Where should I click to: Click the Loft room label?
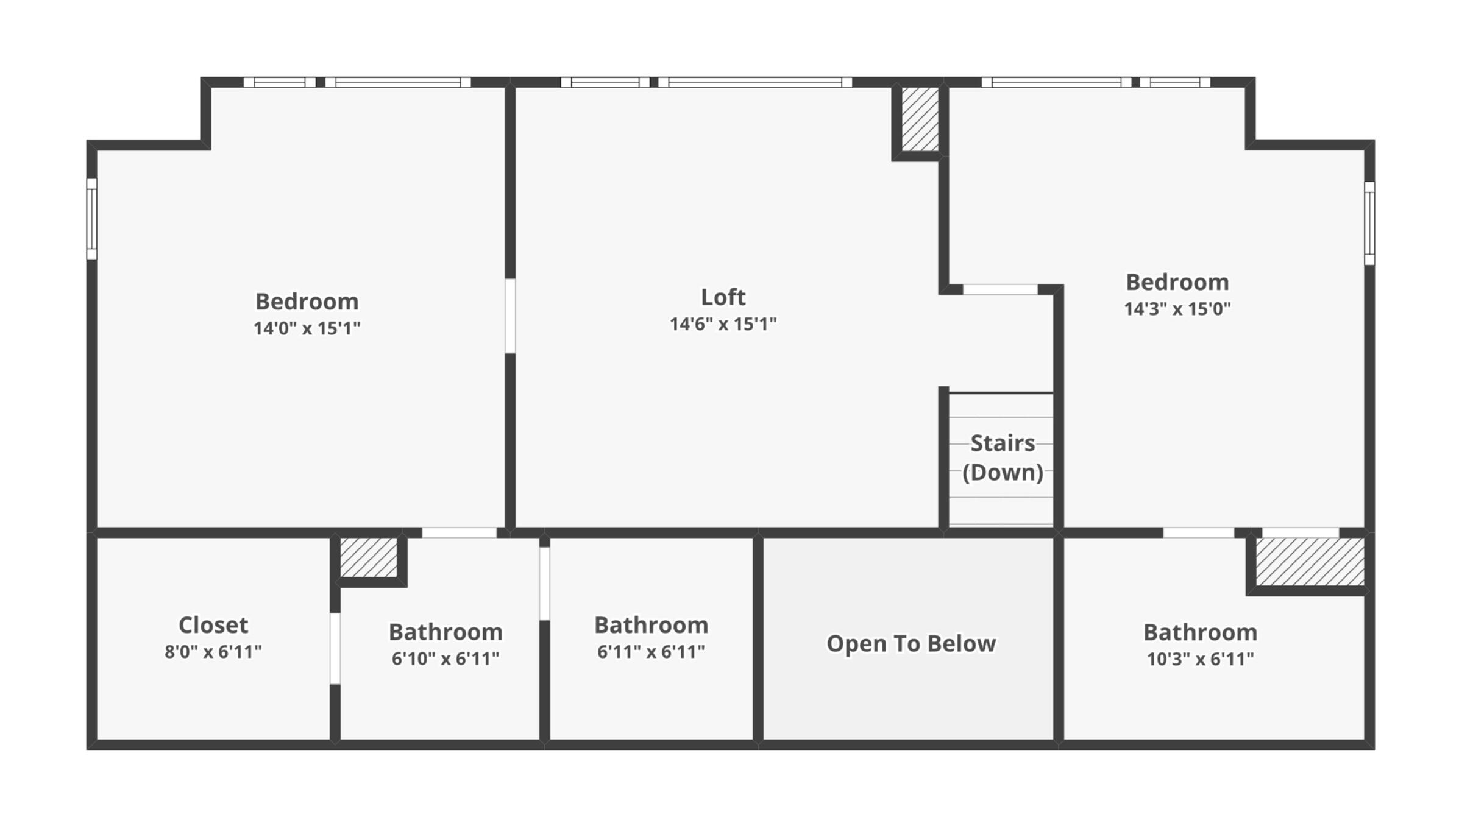coord(723,297)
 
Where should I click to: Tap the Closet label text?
coord(213,625)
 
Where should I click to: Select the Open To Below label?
coord(911,643)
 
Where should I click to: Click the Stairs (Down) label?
coord(1002,457)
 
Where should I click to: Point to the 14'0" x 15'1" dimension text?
coord(307,328)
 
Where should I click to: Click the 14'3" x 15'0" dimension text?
coord(1177,309)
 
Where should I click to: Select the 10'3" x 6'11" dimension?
coord(1200,659)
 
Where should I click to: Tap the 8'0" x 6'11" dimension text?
coord(213,652)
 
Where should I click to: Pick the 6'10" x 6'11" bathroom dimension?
coord(446,659)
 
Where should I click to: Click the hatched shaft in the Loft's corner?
coord(920,119)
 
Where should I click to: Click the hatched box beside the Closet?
coord(368,557)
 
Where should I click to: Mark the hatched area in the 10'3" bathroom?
coord(1310,562)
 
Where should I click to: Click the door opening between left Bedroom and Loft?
coord(510,316)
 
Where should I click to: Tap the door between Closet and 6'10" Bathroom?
coord(335,648)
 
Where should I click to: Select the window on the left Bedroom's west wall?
coord(91,219)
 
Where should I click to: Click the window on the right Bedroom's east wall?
coord(1369,223)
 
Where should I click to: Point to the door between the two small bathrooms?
coord(544,584)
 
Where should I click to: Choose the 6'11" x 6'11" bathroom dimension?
coord(650,652)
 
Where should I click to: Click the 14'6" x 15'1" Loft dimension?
coord(723,324)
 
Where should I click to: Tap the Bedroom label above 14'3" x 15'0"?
coord(1177,282)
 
